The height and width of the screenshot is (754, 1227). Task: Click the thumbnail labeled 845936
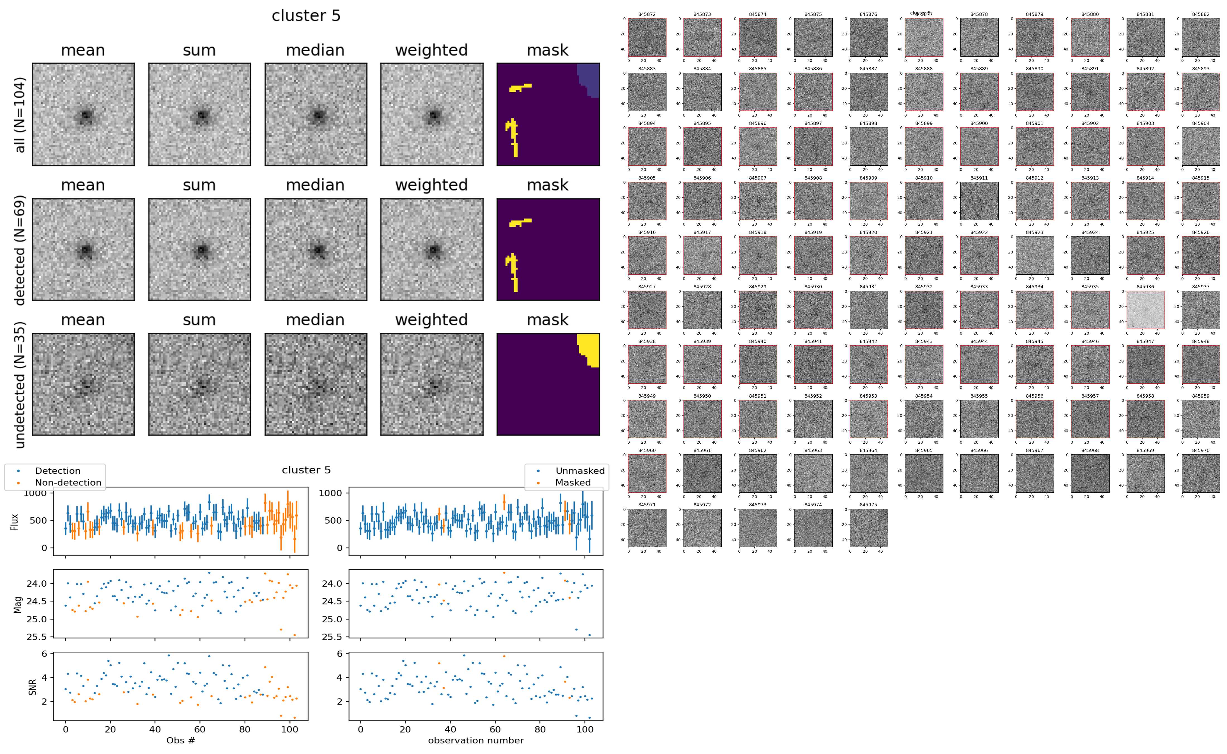(x=1145, y=310)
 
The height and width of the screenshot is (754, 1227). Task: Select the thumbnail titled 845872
(x=647, y=37)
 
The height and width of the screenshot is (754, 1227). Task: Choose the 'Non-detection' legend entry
(x=68, y=483)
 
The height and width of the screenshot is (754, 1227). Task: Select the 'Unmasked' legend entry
(x=580, y=471)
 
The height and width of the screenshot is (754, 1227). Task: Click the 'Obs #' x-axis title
(x=180, y=741)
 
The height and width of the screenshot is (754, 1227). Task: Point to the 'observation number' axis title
(x=476, y=741)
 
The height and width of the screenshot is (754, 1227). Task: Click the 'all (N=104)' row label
(x=20, y=115)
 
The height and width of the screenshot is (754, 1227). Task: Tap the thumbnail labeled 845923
(x=1035, y=255)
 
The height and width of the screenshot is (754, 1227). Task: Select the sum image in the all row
(x=199, y=115)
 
